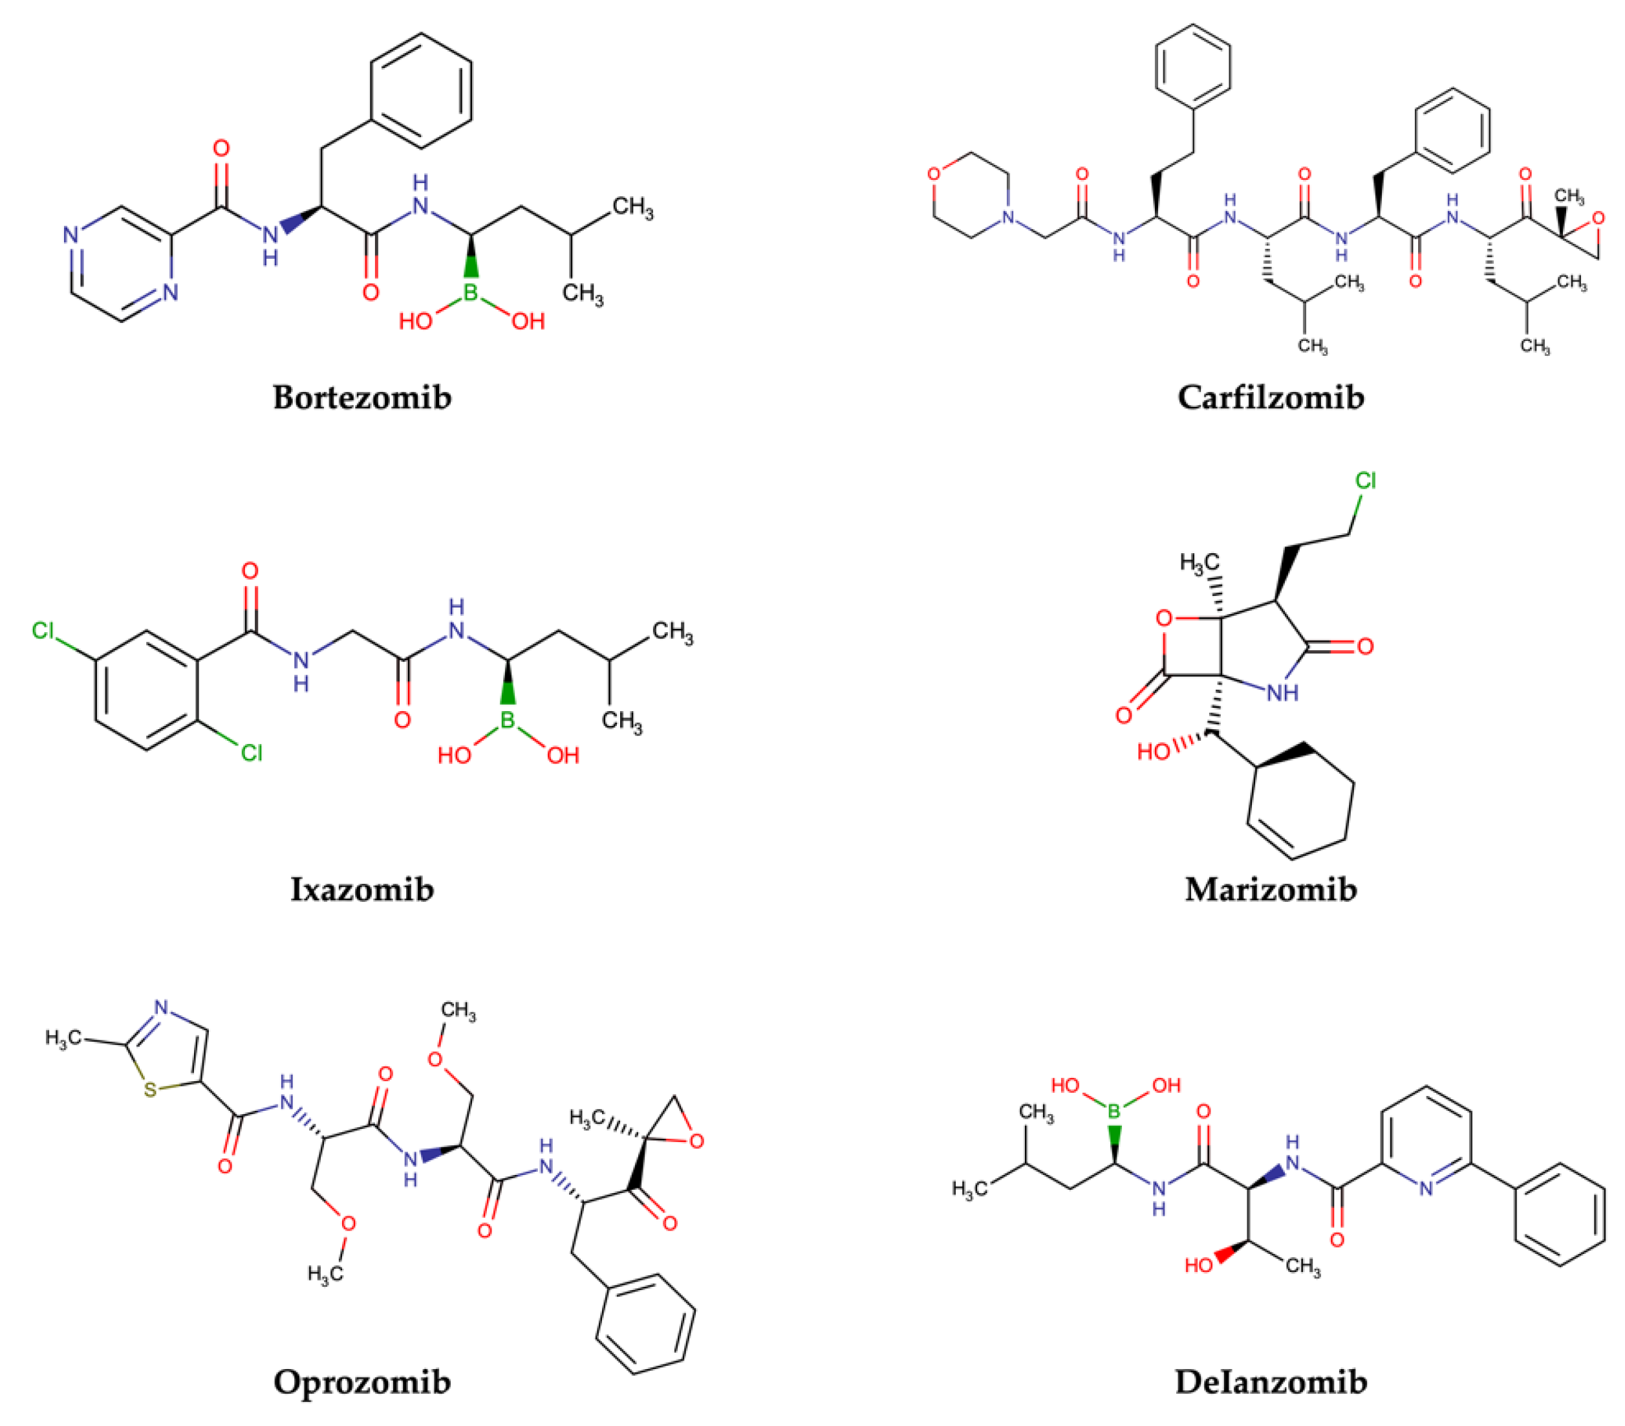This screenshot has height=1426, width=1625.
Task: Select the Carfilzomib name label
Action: pos(1271,397)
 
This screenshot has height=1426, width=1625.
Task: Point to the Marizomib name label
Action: pos(1271,888)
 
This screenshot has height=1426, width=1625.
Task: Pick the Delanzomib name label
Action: pos(1271,1381)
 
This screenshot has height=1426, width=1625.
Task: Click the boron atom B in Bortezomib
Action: pos(471,292)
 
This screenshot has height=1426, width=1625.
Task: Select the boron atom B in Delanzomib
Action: pos(1114,1111)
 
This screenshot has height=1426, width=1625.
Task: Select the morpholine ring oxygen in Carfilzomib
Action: pos(934,173)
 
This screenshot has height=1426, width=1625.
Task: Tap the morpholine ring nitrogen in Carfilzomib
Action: pos(1009,216)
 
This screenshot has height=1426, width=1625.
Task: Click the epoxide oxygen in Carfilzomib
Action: pos(1598,218)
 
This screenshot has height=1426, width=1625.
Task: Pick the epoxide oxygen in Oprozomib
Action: pos(696,1142)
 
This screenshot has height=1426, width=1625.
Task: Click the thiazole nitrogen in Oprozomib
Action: pos(162,1007)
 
